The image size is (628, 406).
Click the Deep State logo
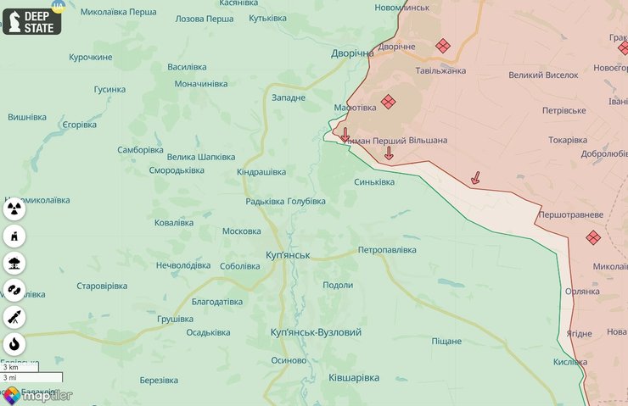click(x=32, y=21)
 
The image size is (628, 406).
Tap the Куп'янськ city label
click(x=288, y=255)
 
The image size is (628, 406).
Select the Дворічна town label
click(x=352, y=53)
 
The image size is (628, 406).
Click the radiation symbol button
click(x=14, y=208)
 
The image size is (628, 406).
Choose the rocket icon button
click(x=14, y=317)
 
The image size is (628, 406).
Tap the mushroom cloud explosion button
click(x=14, y=262)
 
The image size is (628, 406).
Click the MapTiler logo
click(x=36, y=395)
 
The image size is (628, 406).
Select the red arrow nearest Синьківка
click(x=389, y=153)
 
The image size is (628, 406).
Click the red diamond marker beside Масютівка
click(x=388, y=102)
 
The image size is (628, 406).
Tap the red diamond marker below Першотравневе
click(x=592, y=238)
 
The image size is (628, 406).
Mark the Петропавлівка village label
click(x=387, y=250)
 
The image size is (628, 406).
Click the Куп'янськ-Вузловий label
click(x=316, y=332)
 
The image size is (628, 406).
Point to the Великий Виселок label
click(x=543, y=75)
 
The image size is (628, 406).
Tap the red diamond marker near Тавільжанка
click(x=442, y=46)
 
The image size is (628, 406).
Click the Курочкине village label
click(x=90, y=57)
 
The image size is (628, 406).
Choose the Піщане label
click(x=446, y=341)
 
